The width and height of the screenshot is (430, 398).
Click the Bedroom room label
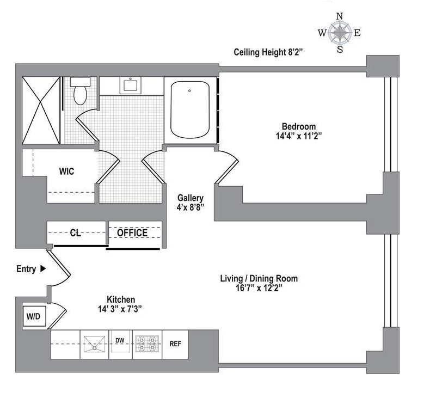click(299, 126)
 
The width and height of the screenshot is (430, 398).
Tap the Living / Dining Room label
click(259, 278)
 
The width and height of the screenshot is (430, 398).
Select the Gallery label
click(191, 198)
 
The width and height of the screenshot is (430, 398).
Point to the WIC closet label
click(66, 172)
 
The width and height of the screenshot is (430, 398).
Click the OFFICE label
click(132, 233)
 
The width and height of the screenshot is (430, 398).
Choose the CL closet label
click(76, 233)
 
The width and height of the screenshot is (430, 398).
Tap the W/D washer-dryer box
click(33, 316)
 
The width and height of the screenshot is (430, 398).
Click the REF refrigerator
click(175, 344)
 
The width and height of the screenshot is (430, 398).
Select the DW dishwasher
click(120, 344)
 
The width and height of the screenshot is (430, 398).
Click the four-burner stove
click(147, 344)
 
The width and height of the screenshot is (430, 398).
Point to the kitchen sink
click(94, 344)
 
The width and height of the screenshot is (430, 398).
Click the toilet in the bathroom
click(80, 91)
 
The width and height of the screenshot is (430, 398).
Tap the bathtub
click(190, 110)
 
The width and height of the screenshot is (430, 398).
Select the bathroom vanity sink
click(130, 85)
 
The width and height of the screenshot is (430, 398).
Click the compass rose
click(340, 33)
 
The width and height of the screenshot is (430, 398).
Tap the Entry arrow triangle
click(43, 268)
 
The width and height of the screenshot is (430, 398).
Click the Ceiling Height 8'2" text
click(268, 52)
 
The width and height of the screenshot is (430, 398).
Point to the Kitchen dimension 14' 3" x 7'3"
click(120, 309)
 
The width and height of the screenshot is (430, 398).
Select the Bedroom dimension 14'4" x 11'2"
click(299, 136)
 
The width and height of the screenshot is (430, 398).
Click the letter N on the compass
click(340, 16)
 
